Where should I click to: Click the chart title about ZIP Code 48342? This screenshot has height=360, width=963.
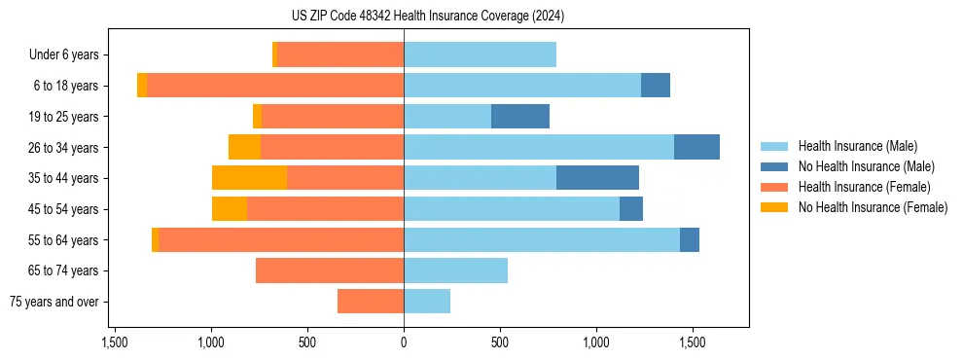click(x=427, y=17)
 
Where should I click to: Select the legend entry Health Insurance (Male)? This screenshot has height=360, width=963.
click(x=857, y=146)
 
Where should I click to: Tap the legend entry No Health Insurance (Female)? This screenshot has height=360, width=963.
click(x=873, y=207)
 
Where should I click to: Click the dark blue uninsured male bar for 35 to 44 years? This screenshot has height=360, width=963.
click(x=597, y=178)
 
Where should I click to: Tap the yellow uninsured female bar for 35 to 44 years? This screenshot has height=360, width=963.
click(x=249, y=178)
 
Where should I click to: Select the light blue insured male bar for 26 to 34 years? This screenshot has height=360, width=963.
click(x=539, y=147)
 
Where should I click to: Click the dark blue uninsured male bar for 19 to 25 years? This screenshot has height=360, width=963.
click(x=520, y=117)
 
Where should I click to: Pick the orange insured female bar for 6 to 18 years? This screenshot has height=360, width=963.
click(x=275, y=86)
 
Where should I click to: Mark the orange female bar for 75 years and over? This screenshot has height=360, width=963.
click(x=371, y=302)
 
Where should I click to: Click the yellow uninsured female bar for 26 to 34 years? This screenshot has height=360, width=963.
click(x=244, y=147)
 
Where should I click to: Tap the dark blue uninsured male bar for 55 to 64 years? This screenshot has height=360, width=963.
click(x=690, y=239)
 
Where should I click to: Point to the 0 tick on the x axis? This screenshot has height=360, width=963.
click(x=404, y=342)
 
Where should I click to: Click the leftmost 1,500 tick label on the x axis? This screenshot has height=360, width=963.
click(x=115, y=342)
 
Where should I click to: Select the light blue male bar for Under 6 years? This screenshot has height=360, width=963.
click(x=480, y=54)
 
